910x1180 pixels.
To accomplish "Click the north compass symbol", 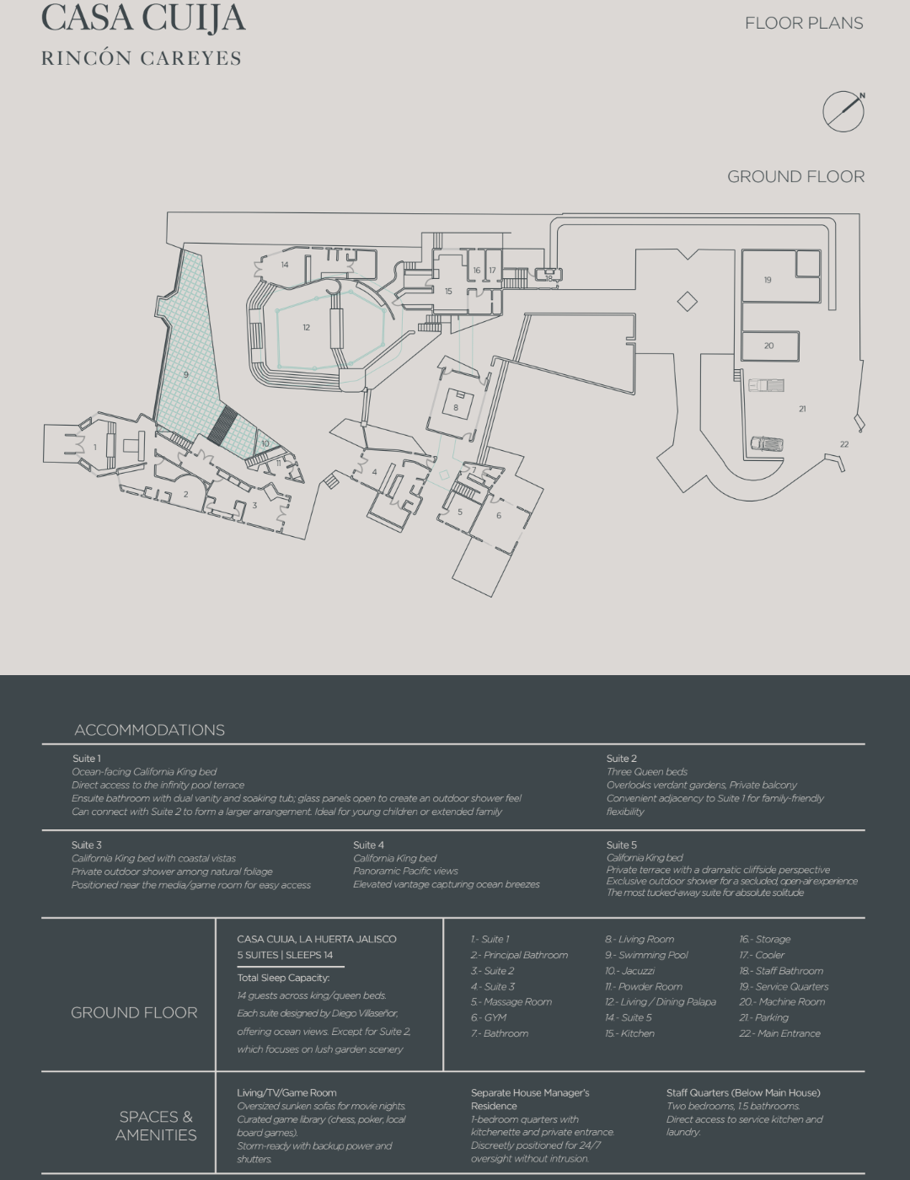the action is [843, 111].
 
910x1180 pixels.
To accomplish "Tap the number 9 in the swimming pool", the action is [186, 375].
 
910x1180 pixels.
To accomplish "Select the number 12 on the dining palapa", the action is [307, 327].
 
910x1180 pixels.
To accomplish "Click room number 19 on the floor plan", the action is [768, 280].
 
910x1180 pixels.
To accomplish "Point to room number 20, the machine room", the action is [769, 346].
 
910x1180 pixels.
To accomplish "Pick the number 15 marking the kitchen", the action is [448, 291].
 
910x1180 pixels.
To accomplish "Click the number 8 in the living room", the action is [456, 407].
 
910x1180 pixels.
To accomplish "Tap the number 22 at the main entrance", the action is [844, 444].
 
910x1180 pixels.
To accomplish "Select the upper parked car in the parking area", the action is [766, 385].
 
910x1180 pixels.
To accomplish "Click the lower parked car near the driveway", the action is [767, 443].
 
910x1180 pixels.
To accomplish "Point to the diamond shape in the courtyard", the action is [688, 302].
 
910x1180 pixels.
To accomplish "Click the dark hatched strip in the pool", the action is [222, 424].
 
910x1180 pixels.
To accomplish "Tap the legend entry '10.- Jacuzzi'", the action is [630, 970].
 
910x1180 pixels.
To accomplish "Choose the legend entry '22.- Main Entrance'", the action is [779, 1032].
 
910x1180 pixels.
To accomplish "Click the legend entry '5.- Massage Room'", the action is [511, 1001].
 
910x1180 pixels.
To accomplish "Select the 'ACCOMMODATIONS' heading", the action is [149, 730].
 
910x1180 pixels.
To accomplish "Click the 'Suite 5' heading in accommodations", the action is [622, 845].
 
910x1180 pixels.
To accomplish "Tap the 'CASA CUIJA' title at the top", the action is [144, 18].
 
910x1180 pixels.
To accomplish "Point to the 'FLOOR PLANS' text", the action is [804, 24].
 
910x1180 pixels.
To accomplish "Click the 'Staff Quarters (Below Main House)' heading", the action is [743, 1092].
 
